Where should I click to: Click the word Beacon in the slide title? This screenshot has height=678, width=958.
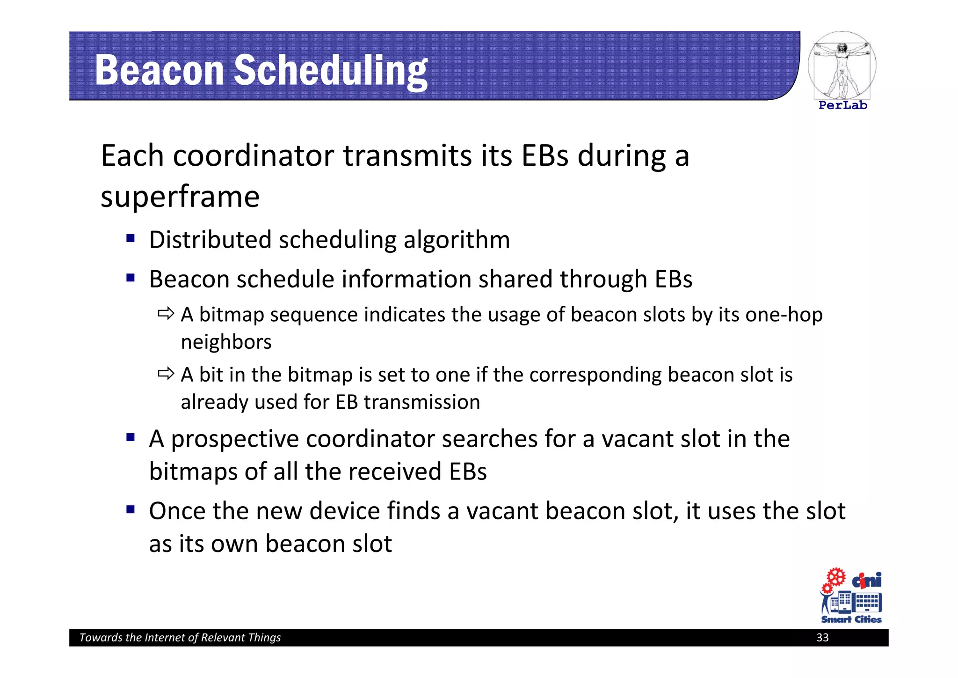click(x=159, y=70)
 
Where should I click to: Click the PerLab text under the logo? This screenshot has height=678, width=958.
click(x=842, y=105)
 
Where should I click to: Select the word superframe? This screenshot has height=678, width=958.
click(x=180, y=197)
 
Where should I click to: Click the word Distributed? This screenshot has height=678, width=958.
click(x=210, y=240)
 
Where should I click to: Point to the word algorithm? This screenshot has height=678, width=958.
click(x=457, y=240)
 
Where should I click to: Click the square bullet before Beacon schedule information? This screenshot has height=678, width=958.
click(x=131, y=278)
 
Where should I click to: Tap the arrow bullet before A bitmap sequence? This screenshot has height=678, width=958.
click(x=166, y=313)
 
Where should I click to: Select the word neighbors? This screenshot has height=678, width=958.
click(x=226, y=342)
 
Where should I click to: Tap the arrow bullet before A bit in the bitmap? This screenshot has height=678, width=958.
click(x=166, y=374)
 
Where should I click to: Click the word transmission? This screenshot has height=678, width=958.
click(x=421, y=402)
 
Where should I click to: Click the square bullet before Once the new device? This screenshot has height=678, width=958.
click(x=131, y=509)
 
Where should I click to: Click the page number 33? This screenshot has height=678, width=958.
click(x=822, y=637)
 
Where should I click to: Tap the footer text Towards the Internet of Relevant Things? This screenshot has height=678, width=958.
click(x=180, y=637)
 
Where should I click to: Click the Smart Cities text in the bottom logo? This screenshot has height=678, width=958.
click(x=851, y=619)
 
